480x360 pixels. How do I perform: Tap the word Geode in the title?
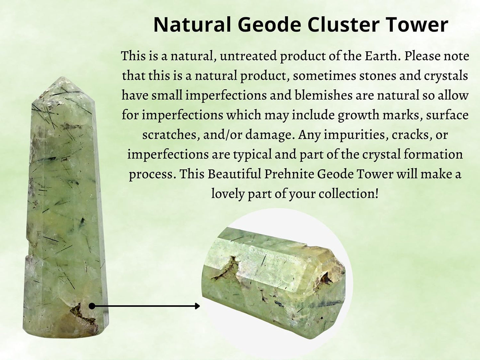pyautogui.click(x=270, y=25)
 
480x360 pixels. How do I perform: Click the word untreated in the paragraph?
pyautogui.click(x=248, y=56)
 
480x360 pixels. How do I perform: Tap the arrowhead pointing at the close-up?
pyautogui.click(x=197, y=306)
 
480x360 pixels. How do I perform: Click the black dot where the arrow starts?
pyautogui.click(x=92, y=306)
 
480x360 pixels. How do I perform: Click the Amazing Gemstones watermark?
pyautogui.click(x=276, y=257)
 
